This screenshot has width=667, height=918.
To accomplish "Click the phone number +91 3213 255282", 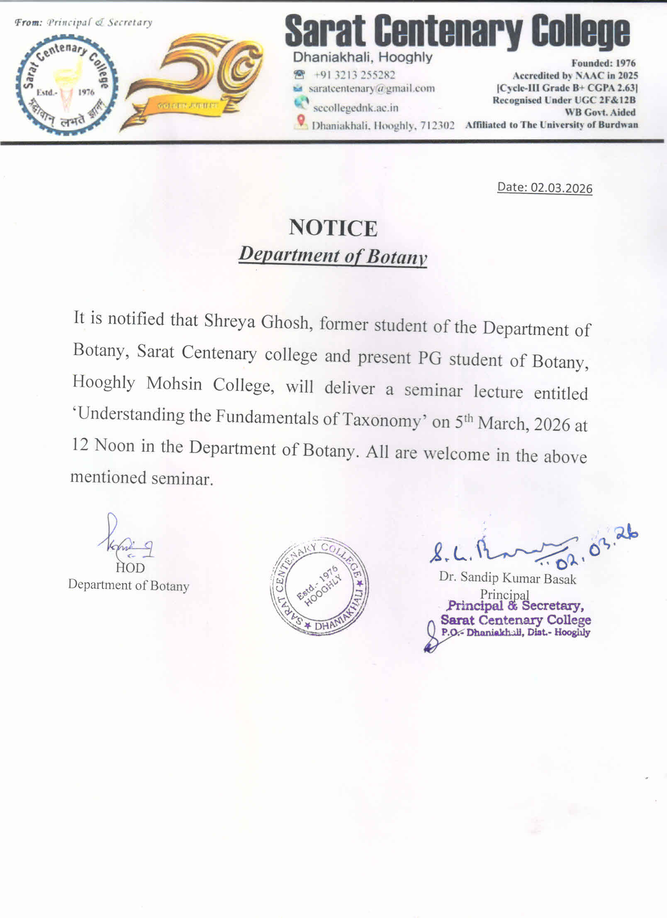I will [x=354, y=75].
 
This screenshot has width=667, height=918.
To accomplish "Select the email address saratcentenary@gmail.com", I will [x=372, y=88].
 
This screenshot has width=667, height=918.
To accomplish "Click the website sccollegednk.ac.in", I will [x=355, y=108].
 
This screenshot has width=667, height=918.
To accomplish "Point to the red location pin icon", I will [x=301, y=121].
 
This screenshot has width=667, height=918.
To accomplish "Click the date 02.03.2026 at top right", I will [x=545, y=187].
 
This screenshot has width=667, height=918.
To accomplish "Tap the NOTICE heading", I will [x=333, y=228].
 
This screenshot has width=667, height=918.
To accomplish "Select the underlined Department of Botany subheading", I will [x=333, y=256].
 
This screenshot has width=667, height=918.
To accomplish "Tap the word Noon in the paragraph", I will [x=114, y=446].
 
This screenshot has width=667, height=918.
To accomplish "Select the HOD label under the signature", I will [x=130, y=567].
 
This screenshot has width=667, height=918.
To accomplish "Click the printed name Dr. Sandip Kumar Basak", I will [x=507, y=578].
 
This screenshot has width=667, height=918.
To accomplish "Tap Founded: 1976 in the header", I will [x=603, y=63].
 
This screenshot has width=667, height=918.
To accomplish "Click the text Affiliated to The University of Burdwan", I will [x=551, y=125].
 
